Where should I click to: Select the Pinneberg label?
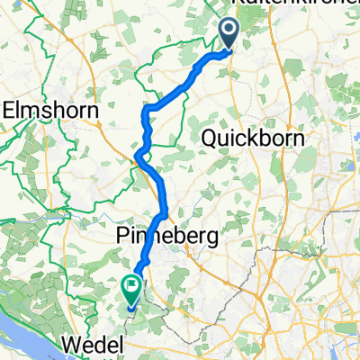171,236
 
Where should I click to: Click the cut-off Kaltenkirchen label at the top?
288,6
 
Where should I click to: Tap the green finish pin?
131,290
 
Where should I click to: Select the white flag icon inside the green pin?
131,289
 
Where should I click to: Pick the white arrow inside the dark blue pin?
229,31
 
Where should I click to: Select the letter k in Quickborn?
250,139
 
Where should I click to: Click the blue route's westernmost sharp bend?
136,158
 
